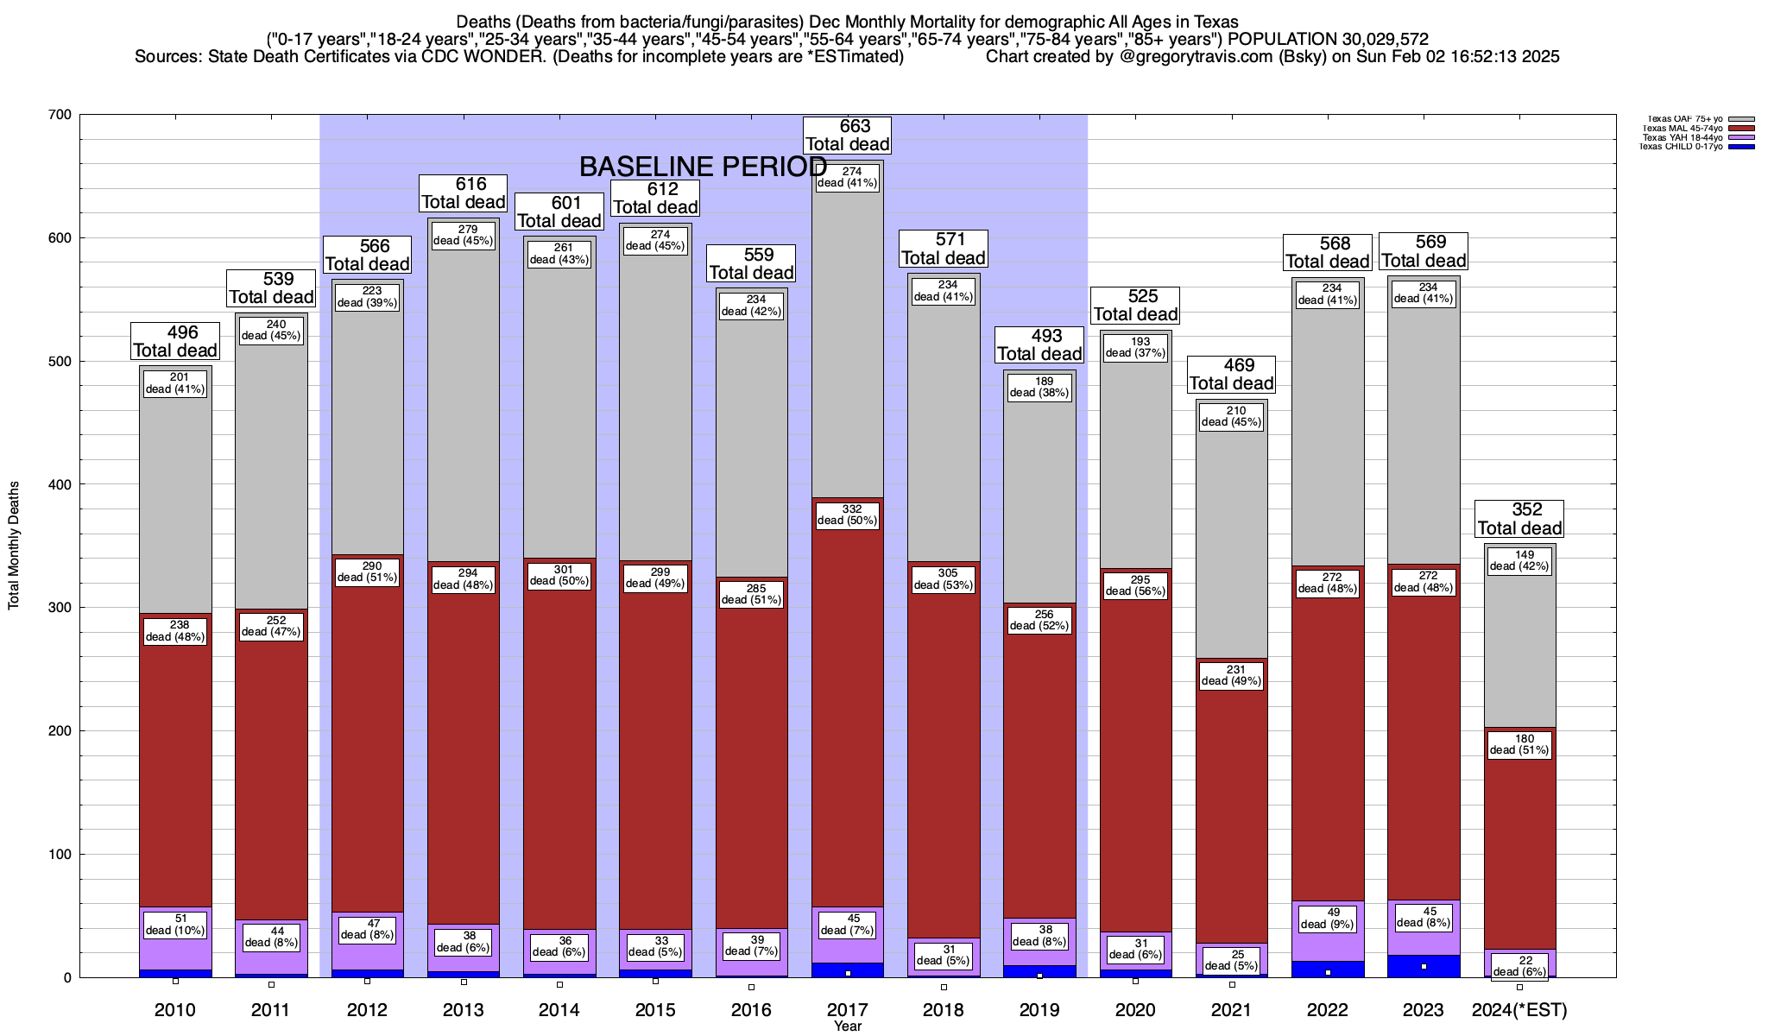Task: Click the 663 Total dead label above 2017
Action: click(x=848, y=136)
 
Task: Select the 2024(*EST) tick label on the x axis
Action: click(x=1519, y=1010)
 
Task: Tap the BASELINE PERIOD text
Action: click(x=703, y=167)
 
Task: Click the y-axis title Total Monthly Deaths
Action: click(x=14, y=546)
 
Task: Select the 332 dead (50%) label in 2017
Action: click(x=848, y=515)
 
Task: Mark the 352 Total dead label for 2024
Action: click(x=1519, y=519)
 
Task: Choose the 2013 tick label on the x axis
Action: click(x=464, y=1010)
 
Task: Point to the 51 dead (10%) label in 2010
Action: click(x=175, y=925)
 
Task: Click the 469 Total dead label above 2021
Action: click(x=1232, y=375)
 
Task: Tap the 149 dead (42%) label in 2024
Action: click(x=1519, y=561)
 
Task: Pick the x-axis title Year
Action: click(x=848, y=1027)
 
